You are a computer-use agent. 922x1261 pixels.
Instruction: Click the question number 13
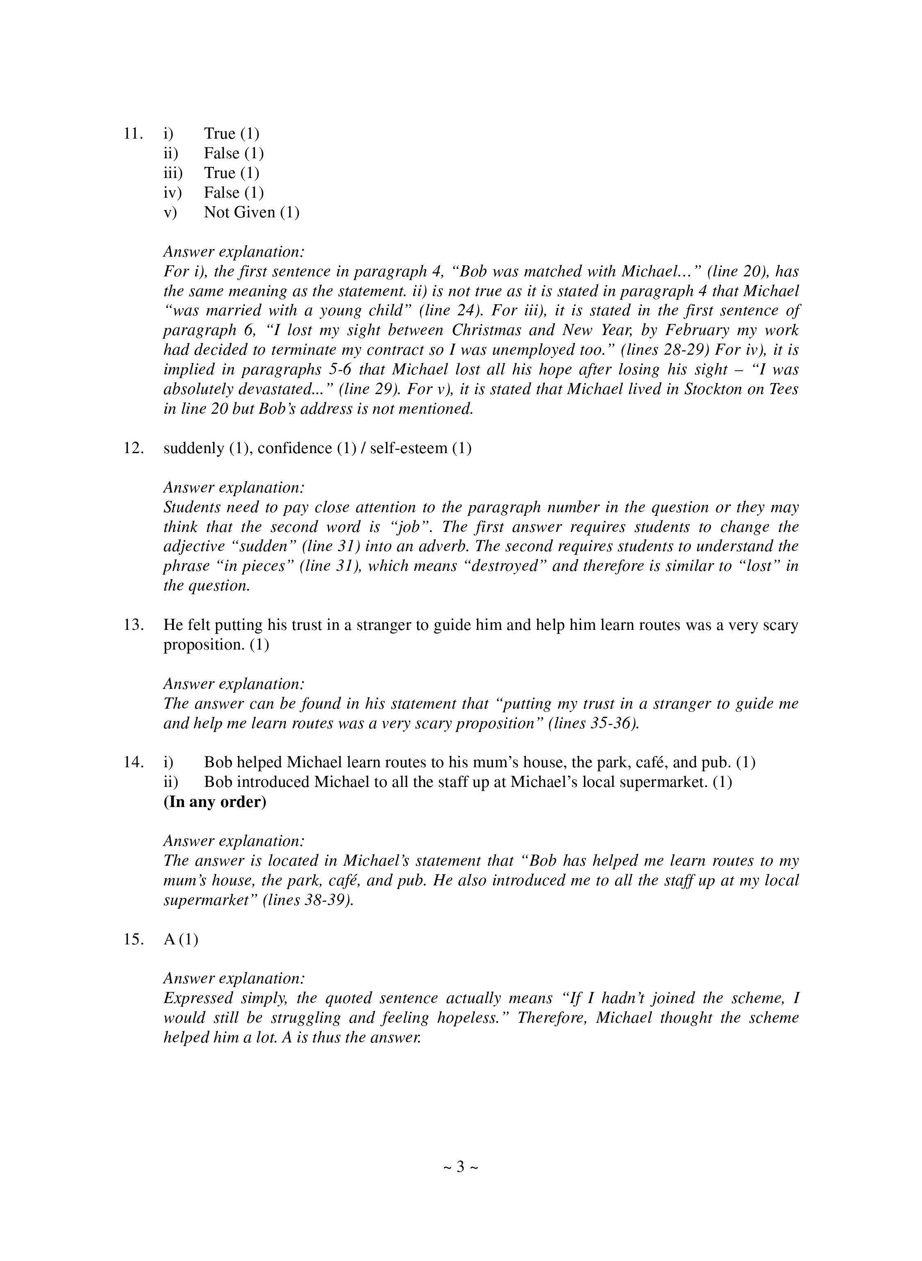pos(134,625)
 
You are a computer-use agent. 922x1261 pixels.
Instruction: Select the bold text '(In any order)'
pos(215,802)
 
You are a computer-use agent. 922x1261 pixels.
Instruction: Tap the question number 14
pos(134,762)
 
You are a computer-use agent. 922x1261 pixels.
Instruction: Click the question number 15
pos(134,939)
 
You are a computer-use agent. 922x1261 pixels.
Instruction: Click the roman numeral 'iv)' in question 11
pos(173,193)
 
